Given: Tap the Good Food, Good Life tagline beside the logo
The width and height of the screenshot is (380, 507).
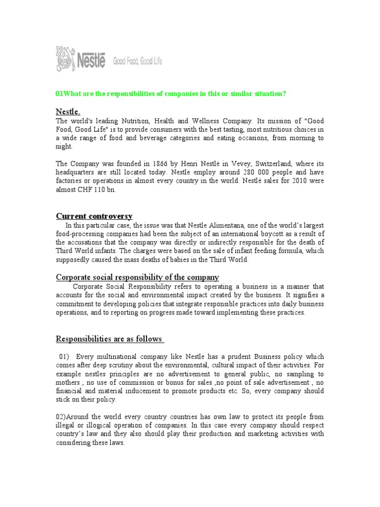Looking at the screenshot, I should coord(138,61).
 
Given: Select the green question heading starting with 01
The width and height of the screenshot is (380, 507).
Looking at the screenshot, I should coord(171,94).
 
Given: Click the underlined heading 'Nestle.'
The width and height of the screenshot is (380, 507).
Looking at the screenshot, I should coord(68,111).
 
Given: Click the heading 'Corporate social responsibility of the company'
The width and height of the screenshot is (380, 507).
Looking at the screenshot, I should coord(137,277).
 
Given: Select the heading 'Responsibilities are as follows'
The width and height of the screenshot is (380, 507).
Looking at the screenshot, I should coord(109,339).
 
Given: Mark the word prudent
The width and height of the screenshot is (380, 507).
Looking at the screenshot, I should coord(236,356).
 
